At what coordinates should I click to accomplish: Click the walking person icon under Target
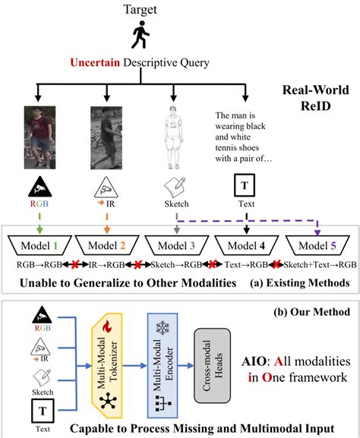140,35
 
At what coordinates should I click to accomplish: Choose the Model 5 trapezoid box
317,245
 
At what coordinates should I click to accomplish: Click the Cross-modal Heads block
217,364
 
